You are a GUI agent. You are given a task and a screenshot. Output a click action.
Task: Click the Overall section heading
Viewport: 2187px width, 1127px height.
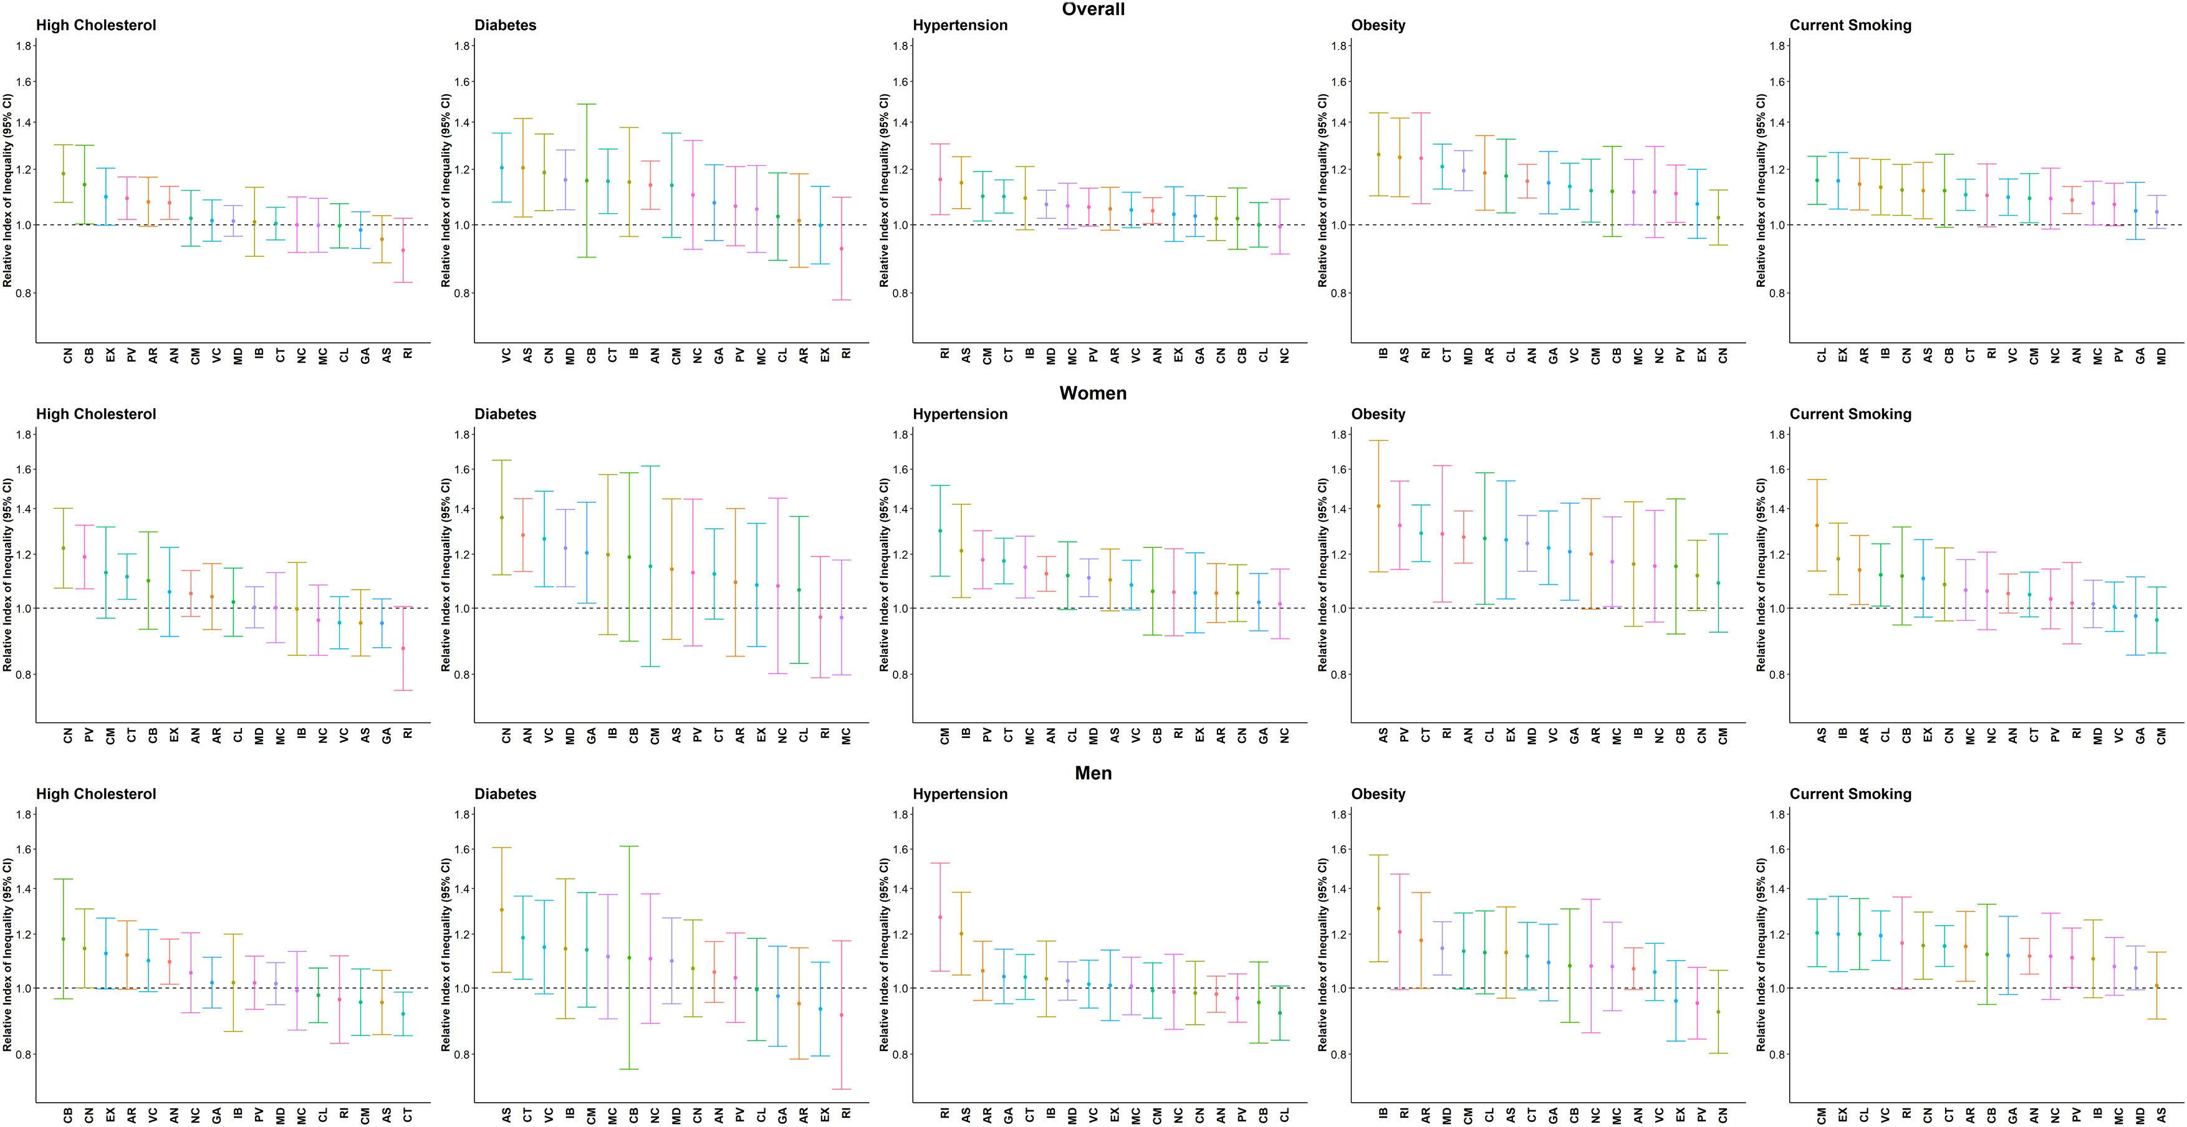pyautogui.click(x=1093, y=9)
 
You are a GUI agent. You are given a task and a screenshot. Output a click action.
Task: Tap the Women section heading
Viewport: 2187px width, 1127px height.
pyautogui.click(x=1093, y=393)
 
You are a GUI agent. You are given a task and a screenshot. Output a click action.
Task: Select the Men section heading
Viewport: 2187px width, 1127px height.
pyautogui.click(x=1093, y=773)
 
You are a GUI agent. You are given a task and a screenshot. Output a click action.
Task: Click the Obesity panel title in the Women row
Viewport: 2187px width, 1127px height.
pyautogui.click(x=1378, y=414)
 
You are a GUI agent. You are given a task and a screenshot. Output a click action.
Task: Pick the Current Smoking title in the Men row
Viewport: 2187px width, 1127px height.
pyautogui.click(x=1850, y=794)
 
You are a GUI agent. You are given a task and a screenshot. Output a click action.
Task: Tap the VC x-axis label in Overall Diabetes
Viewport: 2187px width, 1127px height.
pyautogui.click(x=507, y=357)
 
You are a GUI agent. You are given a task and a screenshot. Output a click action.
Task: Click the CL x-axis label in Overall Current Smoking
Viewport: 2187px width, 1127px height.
pyautogui.click(x=1822, y=357)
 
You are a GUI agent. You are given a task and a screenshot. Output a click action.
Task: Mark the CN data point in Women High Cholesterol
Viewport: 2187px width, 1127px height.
pyautogui.click(x=63, y=548)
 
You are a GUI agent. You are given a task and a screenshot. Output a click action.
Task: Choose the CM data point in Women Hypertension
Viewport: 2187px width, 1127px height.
pyautogui.click(x=940, y=531)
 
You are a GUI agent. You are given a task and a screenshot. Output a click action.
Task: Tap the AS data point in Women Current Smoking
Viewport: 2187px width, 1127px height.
pyautogui.click(x=1817, y=525)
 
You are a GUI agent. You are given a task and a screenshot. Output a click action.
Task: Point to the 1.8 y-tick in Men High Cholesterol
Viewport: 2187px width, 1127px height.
pyautogui.click(x=24, y=815)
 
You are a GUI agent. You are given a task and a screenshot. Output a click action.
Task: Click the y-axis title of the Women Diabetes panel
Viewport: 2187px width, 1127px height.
pyautogui.click(x=446, y=575)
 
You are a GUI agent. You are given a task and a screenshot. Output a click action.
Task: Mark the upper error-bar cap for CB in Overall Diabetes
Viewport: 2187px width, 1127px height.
pyautogui.click(x=587, y=104)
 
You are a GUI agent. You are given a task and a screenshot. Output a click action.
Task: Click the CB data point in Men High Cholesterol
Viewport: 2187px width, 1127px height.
pyautogui.click(x=63, y=939)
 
